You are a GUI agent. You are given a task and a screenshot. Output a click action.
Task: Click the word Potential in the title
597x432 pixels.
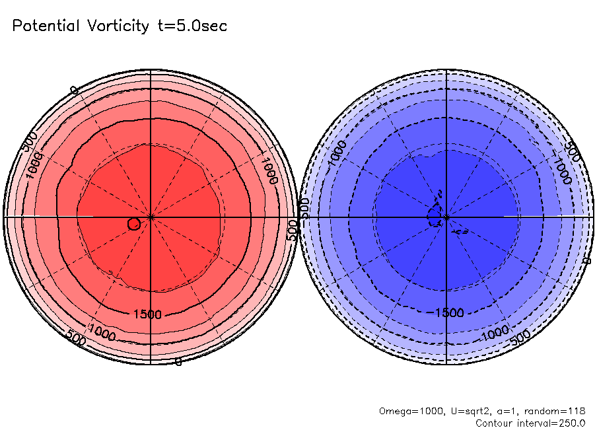pyautogui.click(x=48, y=26)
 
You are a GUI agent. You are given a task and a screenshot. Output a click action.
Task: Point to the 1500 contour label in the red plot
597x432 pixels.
pyautogui.click(x=147, y=314)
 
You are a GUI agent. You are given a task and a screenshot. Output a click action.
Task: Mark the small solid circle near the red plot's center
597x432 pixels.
pyautogui.click(x=133, y=224)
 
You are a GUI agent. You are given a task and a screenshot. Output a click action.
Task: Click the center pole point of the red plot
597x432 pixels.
pyautogui.click(x=151, y=217)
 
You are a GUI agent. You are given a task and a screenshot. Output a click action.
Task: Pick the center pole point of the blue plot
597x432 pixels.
pyautogui.click(x=447, y=217)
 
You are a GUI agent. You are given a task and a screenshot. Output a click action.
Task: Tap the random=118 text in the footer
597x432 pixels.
pyautogui.click(x=555, y=411)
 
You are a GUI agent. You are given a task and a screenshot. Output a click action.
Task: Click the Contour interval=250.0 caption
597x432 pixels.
pyautogui.click(x=530, y=423)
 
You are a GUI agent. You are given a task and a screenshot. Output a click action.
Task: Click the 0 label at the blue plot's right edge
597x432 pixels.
pyautogui.click(x=586, y=262)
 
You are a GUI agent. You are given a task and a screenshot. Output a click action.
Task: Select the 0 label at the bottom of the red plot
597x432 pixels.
pyautogui.click(x=178, y=362)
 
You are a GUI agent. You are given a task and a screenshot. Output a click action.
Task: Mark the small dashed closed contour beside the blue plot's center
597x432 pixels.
pyautogui.click(x=435, y=215)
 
